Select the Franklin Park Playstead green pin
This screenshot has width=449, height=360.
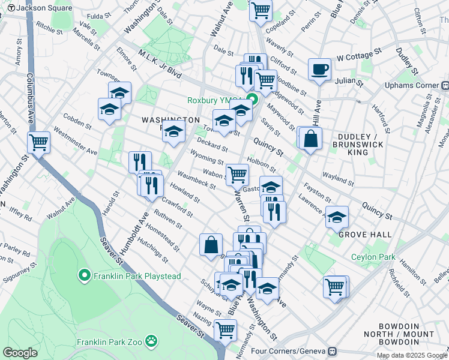coord(85,276)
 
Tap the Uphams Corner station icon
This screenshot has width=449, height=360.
coord(444,85)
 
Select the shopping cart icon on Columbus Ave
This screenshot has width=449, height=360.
coord(38,143)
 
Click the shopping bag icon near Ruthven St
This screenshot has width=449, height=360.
coord(211,245)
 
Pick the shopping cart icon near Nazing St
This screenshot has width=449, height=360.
coord(225,329)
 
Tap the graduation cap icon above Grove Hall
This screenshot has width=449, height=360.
coord(337,217)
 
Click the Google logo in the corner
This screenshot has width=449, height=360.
coord(20,353)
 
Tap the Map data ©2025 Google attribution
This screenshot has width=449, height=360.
coord(411,355)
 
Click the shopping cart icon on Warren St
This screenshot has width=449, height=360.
coord(238,175)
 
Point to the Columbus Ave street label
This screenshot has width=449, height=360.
coord(29,99)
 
